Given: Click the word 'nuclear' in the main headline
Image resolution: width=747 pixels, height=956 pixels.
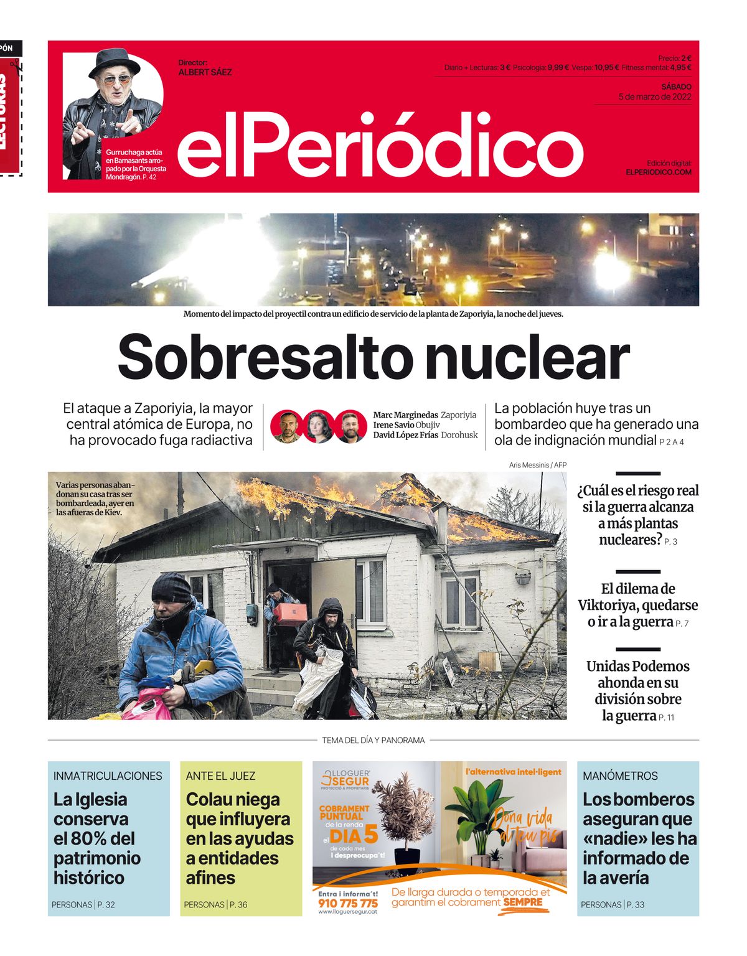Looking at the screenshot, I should tap(528, 357).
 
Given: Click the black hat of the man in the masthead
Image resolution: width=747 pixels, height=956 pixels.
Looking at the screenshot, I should tap(115, 62).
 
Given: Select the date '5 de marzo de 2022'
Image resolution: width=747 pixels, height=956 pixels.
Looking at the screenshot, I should tap(655, 96).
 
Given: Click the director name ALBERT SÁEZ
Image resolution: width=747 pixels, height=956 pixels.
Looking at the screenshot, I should tap(205, 72).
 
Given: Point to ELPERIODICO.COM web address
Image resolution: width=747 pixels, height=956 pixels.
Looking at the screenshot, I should tap(659, 172).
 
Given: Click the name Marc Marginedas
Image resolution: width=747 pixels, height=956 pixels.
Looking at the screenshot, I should tap(405, 415).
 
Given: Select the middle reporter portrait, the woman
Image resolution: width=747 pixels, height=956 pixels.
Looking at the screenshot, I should tap(318, 426).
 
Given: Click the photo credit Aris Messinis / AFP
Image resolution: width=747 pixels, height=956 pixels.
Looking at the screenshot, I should tap(537, 465).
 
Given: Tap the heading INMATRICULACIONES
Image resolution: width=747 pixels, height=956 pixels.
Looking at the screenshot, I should tap(108, 776).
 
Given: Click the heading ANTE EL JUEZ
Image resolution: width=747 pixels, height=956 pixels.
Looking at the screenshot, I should tap(220, 776).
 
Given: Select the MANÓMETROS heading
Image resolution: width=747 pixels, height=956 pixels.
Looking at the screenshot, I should tap(620, 776).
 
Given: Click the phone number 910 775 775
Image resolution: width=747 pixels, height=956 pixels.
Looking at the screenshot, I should tap(347, 903).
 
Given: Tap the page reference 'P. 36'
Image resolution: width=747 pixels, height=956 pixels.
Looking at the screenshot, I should tap(238, 904).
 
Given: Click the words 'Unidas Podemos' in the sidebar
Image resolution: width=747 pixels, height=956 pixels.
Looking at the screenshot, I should tap(637, 667).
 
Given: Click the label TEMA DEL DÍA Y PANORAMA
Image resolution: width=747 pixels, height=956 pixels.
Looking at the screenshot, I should tap(374, 740).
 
